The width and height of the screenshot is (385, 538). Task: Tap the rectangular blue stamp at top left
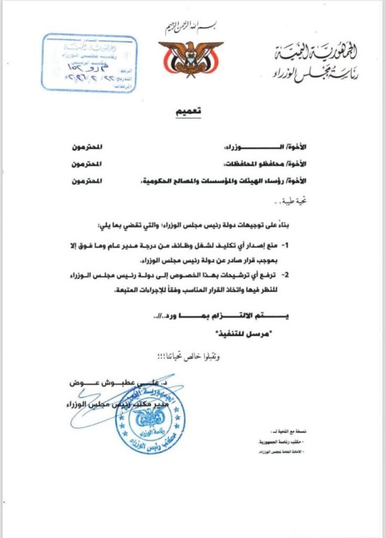point(89,63)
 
